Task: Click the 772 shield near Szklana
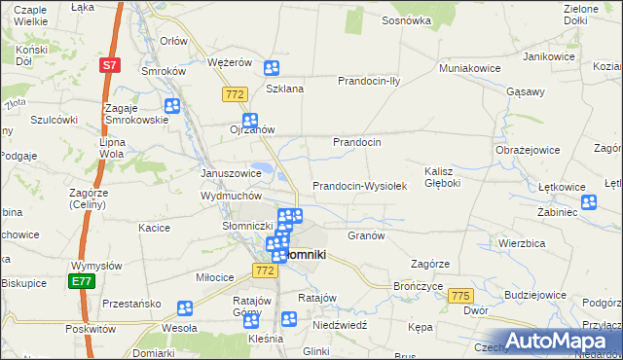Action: coord(233,93)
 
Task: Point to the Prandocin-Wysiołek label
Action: coord(358,186)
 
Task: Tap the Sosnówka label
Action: coord(407,19)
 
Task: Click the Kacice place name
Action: coord(155,227)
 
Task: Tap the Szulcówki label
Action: coord(54,120)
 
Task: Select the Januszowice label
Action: coord(231,173)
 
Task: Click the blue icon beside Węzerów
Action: coord(272,68)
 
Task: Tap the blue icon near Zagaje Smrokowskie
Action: coord(172,107)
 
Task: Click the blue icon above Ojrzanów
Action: coord(249,121)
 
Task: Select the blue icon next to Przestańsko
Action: coord(185,308)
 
